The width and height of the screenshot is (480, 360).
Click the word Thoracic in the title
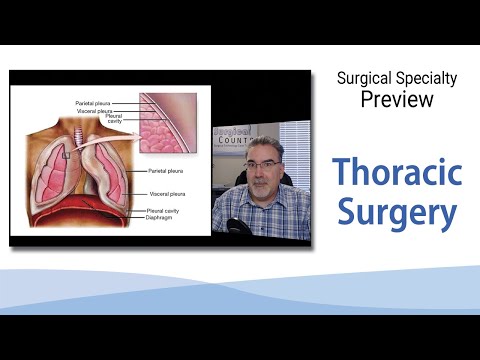pos(397,173)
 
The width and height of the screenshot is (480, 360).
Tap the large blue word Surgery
pos(397,212)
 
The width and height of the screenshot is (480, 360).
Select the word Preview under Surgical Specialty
pos(397,100)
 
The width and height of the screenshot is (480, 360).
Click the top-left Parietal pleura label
pos(95,103)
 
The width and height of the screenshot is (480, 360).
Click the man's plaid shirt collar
pos(262,205)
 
